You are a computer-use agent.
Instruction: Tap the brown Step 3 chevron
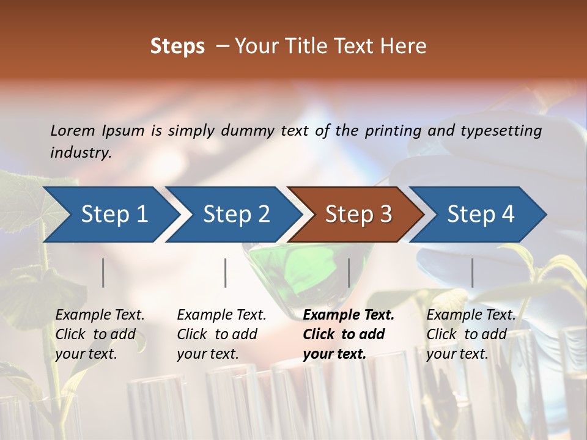coord(358,215)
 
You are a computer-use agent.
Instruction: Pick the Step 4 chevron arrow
coord(481,215)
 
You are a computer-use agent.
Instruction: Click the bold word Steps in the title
coord(177,46)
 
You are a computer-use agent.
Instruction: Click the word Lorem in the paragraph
coord(73,130)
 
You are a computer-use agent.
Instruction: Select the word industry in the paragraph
coord(80,152)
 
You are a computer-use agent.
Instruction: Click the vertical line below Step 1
coord(103,273)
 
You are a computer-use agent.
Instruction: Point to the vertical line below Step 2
coord(226,273)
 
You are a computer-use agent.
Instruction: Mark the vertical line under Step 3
coord(349,273)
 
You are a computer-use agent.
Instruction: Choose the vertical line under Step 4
coord(472,273)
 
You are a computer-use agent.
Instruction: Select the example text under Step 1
coord(100,334)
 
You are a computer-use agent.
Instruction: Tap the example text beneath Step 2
coord(221,334)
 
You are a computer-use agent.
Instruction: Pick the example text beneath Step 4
coord(471,334)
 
